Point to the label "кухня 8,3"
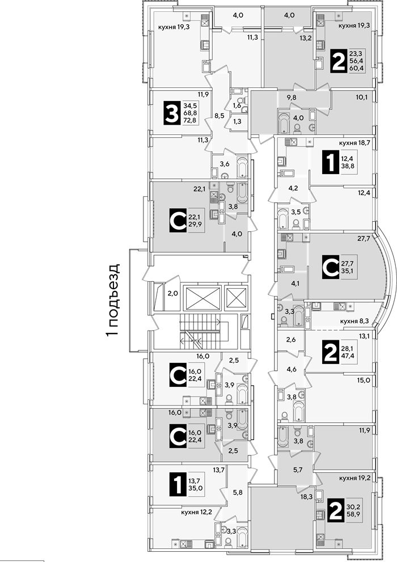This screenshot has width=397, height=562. coord(355,322)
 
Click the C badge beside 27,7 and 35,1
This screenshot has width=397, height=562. coord(331,267)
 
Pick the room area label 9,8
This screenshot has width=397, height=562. coord(292,97)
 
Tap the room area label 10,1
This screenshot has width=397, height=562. coord(362,97)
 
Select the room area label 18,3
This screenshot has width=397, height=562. coord(306,496)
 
